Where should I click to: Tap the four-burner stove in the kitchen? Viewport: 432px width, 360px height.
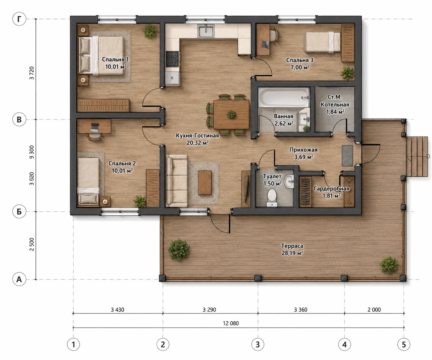tap(172, 59)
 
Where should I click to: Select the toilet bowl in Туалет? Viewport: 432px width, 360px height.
tap(272, 198)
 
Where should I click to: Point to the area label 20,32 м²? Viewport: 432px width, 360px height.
tap(197, 143)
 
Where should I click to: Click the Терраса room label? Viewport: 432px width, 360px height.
tap(292, 246)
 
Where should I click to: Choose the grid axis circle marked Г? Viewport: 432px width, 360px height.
tap(19, 19)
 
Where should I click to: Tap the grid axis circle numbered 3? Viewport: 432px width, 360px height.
tap(258, 345)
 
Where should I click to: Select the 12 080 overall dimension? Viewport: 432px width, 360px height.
tap(231, 323)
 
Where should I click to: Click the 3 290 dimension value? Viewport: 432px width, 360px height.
tap(209, 310)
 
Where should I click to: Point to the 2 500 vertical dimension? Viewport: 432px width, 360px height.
tap(32, 244)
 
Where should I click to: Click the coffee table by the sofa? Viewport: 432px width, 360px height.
tap(205, 183)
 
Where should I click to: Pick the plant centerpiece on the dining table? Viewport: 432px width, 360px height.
tap(231, 114)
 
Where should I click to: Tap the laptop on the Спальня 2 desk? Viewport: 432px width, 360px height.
tap(95, 127)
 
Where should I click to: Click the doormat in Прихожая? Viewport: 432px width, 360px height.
tap(347, 156)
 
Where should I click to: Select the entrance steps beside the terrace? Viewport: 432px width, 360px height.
tap(417, 156)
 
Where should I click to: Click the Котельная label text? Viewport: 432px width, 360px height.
tap(335, 104)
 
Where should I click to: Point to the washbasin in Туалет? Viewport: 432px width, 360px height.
tap(289, 181)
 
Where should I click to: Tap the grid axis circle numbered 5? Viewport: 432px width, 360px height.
tap(404, 345)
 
